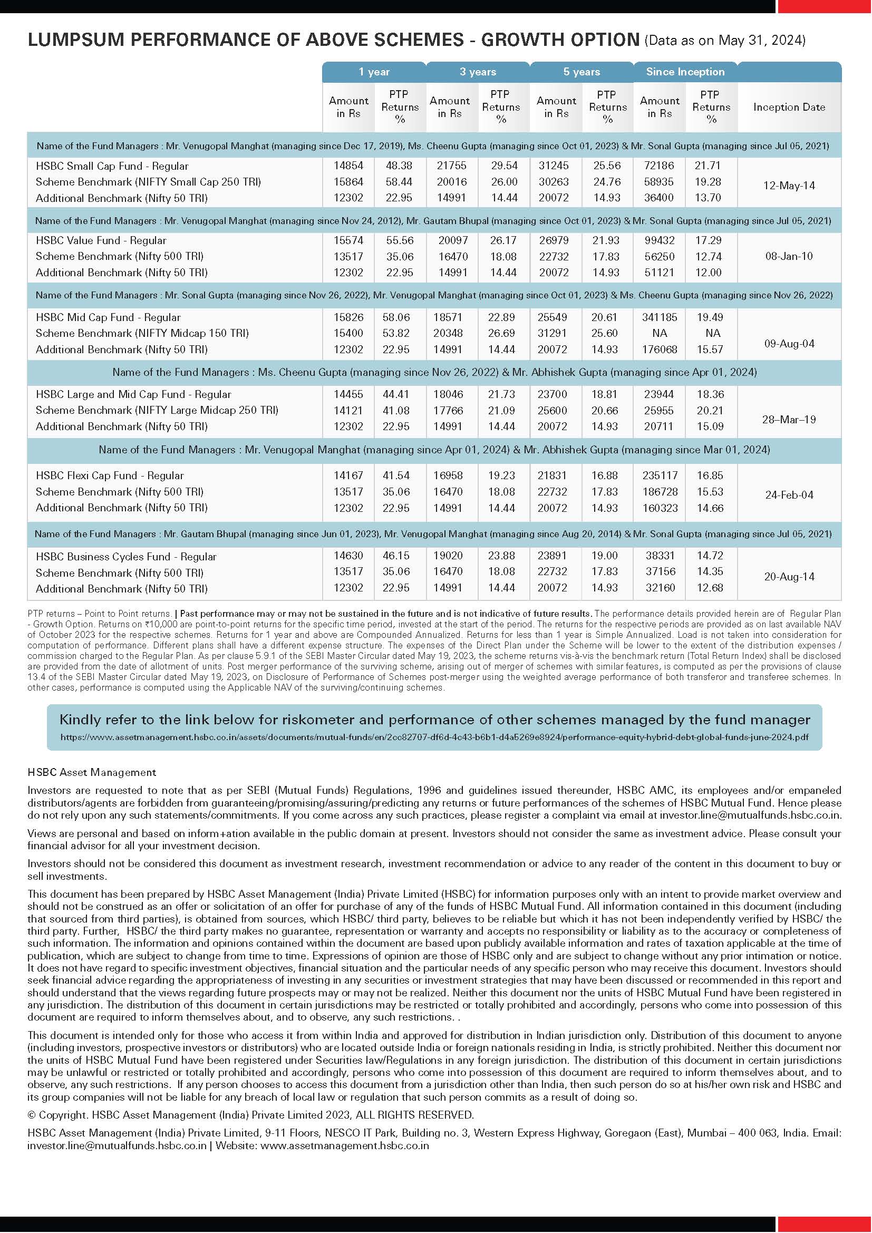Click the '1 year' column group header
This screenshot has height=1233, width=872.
click(x=374, y=71)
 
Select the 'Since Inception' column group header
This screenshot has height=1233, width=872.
click(x=685, y=71)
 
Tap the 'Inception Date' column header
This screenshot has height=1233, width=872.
click(x=789, y=107)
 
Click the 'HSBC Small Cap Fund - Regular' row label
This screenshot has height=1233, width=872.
click(x=112, y=166)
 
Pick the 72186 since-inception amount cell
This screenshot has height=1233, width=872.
click(x=659, y=166)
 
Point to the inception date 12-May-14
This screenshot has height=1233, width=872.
click(x=789, y=186)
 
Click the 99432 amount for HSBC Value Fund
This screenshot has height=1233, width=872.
click(x=659, y=240)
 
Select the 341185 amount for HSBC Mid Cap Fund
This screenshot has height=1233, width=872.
click(x=659, y=317)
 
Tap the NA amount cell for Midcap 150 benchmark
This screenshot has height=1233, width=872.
click(x=659, y=334)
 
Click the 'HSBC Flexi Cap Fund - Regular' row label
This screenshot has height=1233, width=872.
click(x=110, y=475)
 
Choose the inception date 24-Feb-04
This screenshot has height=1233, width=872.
click(x=789, y=494)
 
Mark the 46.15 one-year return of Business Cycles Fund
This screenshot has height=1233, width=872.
click(x=396, y=556)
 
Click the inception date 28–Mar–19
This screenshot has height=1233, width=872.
click(x=789, y=420)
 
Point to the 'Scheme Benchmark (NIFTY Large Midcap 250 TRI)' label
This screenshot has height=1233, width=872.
click(x=157, y=410)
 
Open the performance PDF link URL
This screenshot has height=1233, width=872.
click(x=434, y=737)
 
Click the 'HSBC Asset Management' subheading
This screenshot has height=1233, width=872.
click(x=92, y=772)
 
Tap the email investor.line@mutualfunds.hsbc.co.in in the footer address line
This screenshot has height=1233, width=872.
click(x=117, y=1145)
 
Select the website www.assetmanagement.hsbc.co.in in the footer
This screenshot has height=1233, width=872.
click(x=344, y=1145)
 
